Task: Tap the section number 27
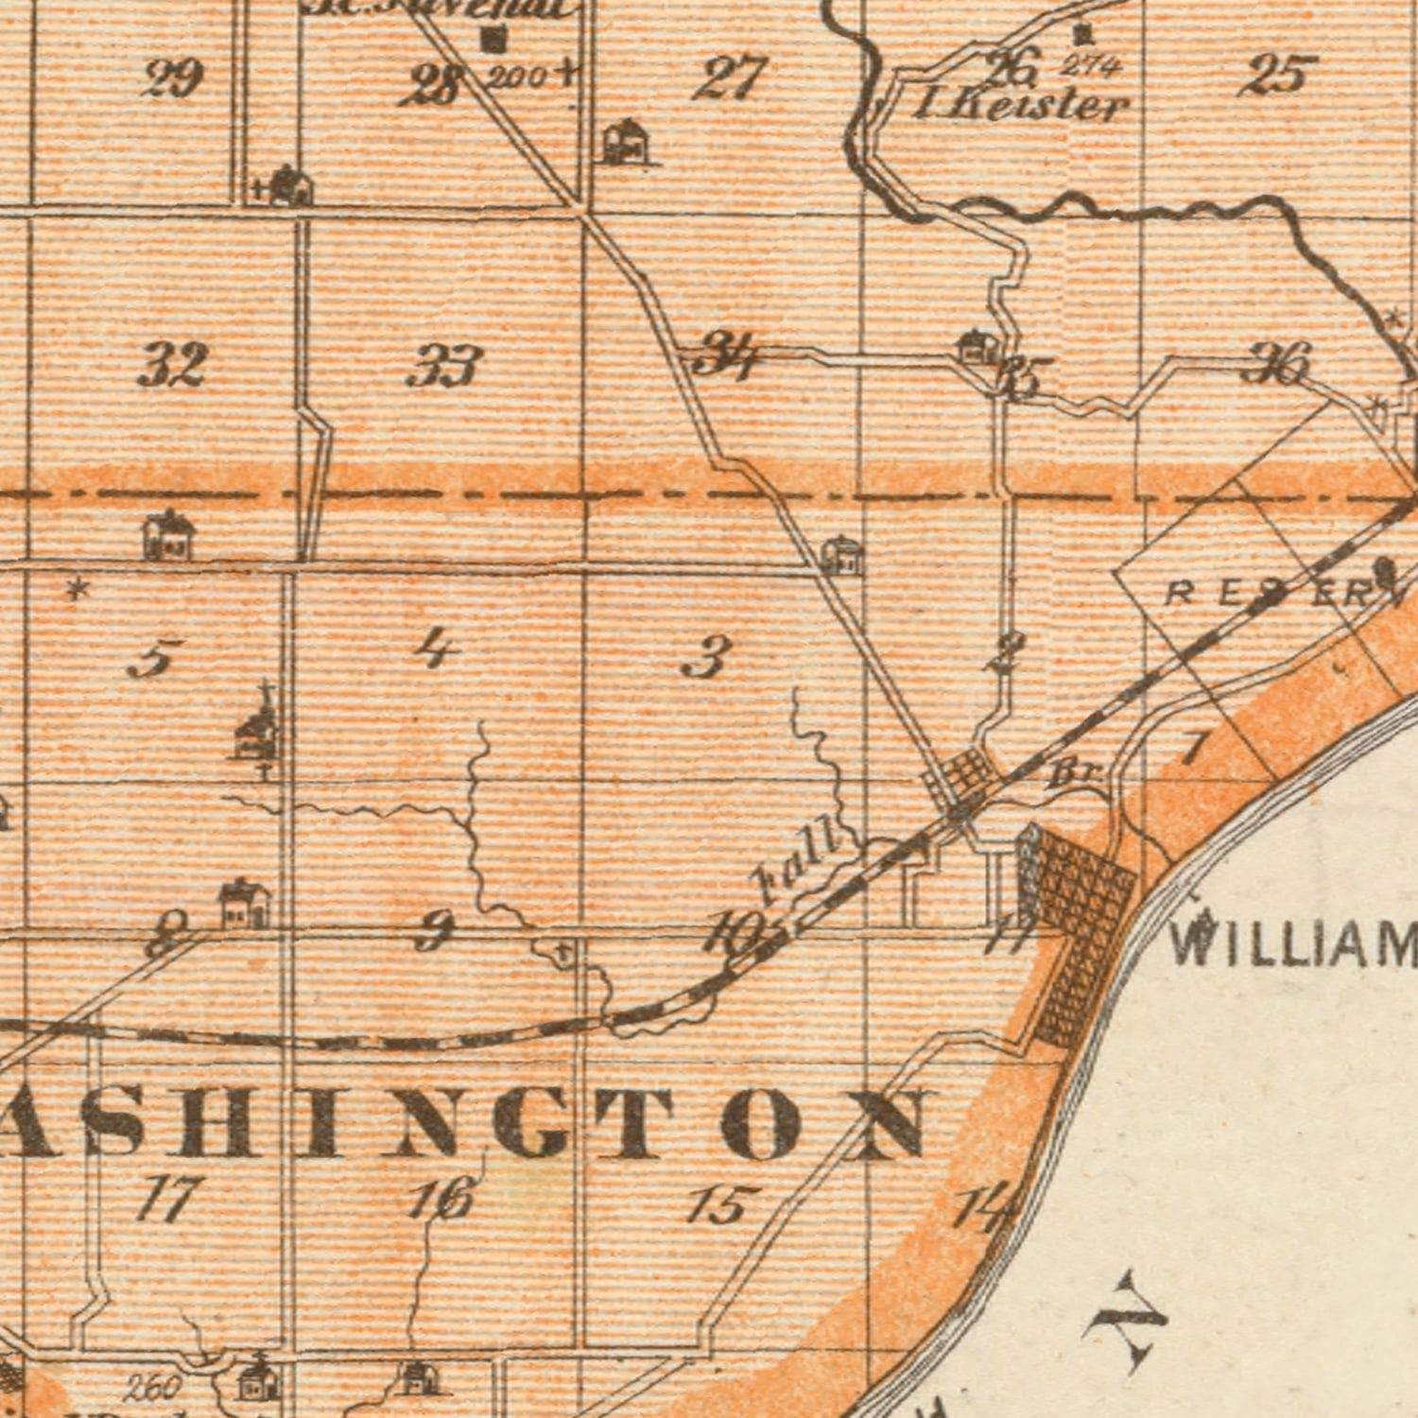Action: click(730, 78)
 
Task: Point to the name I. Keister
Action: click(1021, 104)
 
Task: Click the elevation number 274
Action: click(1090, 65)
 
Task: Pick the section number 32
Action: click(172, 365)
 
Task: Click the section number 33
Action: click(444, 367)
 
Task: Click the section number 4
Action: click(435, 649)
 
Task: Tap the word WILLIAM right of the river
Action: click(1293, 943)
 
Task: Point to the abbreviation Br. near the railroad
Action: click(1075, 774)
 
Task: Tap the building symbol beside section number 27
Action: click(626, 143)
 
